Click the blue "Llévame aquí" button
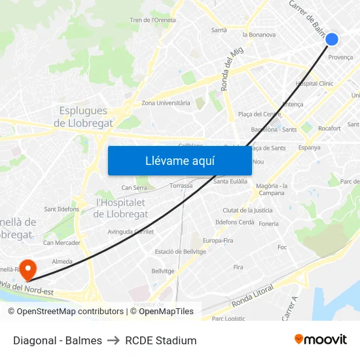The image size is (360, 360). (x=179, y=160)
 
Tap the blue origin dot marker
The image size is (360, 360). (x=332, y=39)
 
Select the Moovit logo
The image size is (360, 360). (x=320, y=340)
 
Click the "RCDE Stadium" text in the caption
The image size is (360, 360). (x=161, y=340)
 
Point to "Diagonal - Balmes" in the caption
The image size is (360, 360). (x=58, y=340)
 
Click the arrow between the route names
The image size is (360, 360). (x=113, y=340)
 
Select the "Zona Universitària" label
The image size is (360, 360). (x=166, y=103)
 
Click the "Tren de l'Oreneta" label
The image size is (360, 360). (x=153, y=20)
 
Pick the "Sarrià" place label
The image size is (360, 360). (x=219, y=30)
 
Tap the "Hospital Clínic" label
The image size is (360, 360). (x=314, y=84)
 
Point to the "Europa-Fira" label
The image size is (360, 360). (x=218, y=241)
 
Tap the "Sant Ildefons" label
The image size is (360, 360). (x=62, y=209)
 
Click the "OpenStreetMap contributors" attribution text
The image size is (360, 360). (x=65, y=312)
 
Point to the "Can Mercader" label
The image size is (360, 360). (x=62, y=243)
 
